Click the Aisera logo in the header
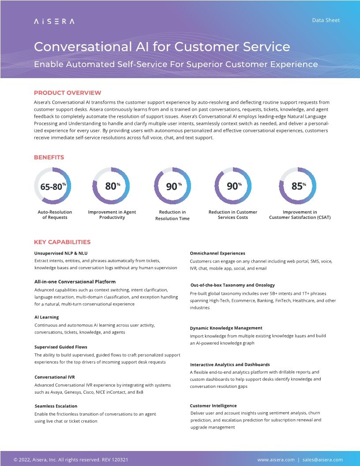(54, 21)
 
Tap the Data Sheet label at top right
(326, 20)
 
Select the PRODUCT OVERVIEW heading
(67, 93)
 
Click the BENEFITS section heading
(49, 157)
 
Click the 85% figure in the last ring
(298, 186)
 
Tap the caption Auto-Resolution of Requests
(55, 214)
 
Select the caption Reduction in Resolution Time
(172, 215)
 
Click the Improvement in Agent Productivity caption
(112, 214)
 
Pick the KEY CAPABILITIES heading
(62, 242)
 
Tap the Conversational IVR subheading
(55, 377)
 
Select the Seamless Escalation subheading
(56, 406)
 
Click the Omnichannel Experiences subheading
(217, 253)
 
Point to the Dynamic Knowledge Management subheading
(226, 328)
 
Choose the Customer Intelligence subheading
(214, 406)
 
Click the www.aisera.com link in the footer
(276, 459)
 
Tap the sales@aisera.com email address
(322, 459)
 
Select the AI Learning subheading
(47, 317)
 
